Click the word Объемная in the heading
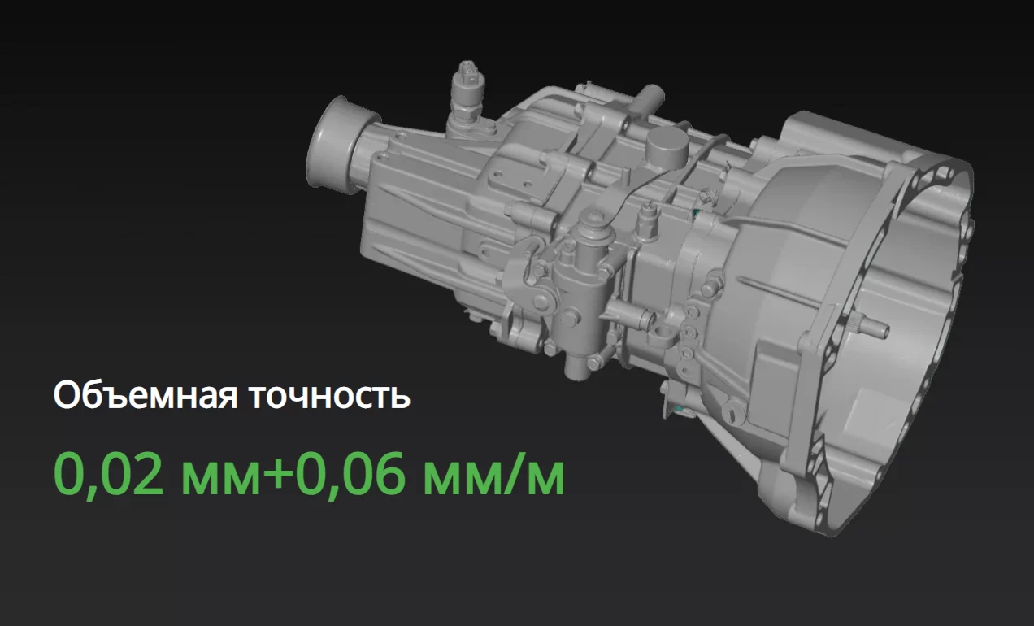pos(146,395)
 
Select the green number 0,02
pos(109,475)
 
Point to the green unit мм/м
pos(493,475)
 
